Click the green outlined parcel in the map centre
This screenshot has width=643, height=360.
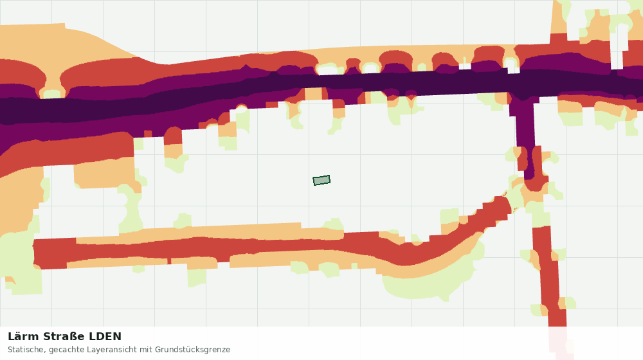(321, 181)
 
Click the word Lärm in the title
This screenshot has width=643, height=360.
(23, 337)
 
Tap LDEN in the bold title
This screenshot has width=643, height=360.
(105, 337)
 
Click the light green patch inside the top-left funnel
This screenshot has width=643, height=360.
(52, 94)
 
